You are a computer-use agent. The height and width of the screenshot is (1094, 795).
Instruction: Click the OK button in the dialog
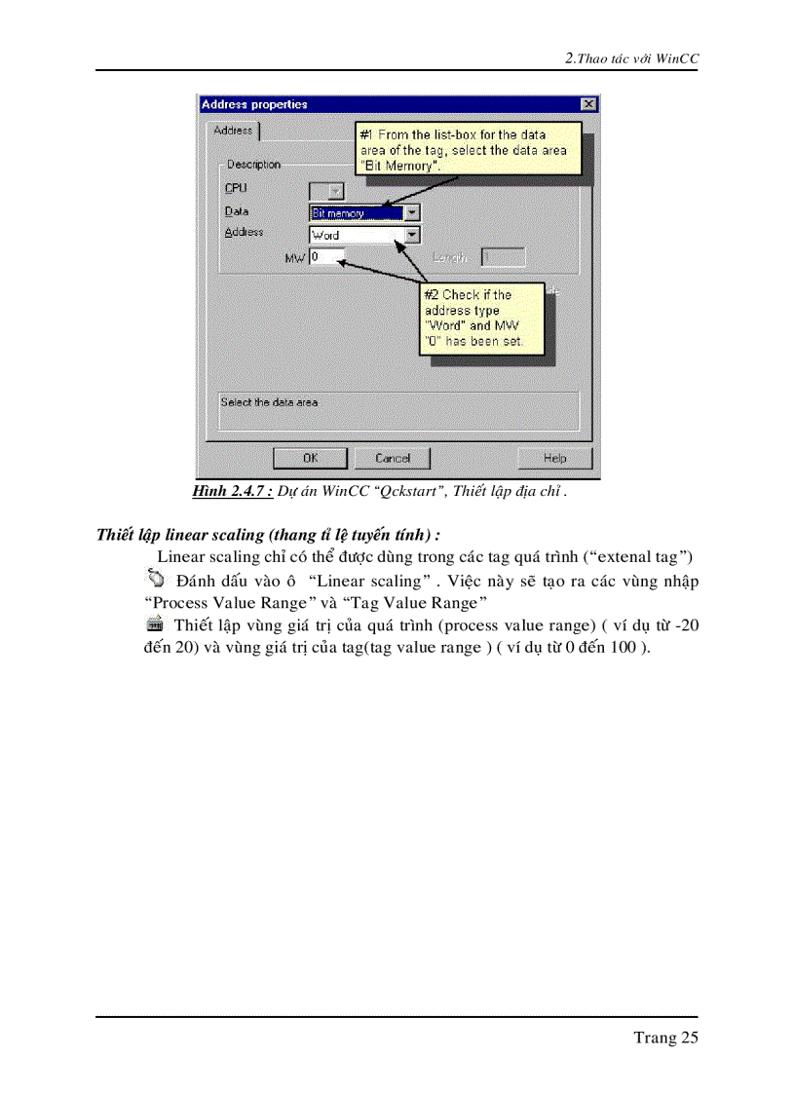[x=310, y=457]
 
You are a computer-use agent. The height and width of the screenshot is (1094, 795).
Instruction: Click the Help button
[x=554, y=457]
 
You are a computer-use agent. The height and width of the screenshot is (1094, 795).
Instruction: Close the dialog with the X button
[x=587, y=104]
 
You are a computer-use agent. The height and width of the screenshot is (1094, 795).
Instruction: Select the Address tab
[x=233, y=131]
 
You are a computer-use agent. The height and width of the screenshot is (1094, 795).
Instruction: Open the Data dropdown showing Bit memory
[x=412, y=212]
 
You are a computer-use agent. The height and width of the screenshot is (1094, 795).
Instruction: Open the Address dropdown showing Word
[x=412, y=235]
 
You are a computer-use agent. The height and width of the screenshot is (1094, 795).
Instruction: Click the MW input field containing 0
[x=326, y=257]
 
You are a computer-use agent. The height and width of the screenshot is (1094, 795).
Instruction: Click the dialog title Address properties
[x=254, y=104]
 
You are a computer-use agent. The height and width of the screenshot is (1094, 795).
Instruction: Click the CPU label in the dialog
[x=236, y=188]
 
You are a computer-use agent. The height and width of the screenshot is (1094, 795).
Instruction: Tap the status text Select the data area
[x=269, y=401]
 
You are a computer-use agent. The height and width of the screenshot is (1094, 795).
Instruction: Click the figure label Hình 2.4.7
[x=232, y=491]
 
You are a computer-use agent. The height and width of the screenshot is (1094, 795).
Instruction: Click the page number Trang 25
[x=665, y=1037]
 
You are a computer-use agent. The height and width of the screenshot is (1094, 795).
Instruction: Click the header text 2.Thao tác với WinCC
[x=632, y=58]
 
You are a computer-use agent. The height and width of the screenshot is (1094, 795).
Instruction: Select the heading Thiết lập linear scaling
[x=268, y=535]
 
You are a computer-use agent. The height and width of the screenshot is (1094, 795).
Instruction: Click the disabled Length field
[x=503, y=257]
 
